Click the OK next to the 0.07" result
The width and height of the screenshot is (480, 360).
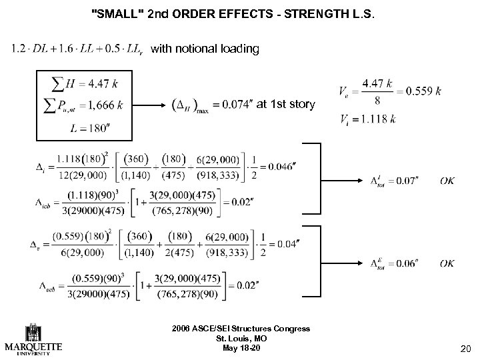448,181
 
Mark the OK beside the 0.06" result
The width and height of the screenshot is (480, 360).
448,263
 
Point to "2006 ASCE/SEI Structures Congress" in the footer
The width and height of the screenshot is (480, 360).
239,328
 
